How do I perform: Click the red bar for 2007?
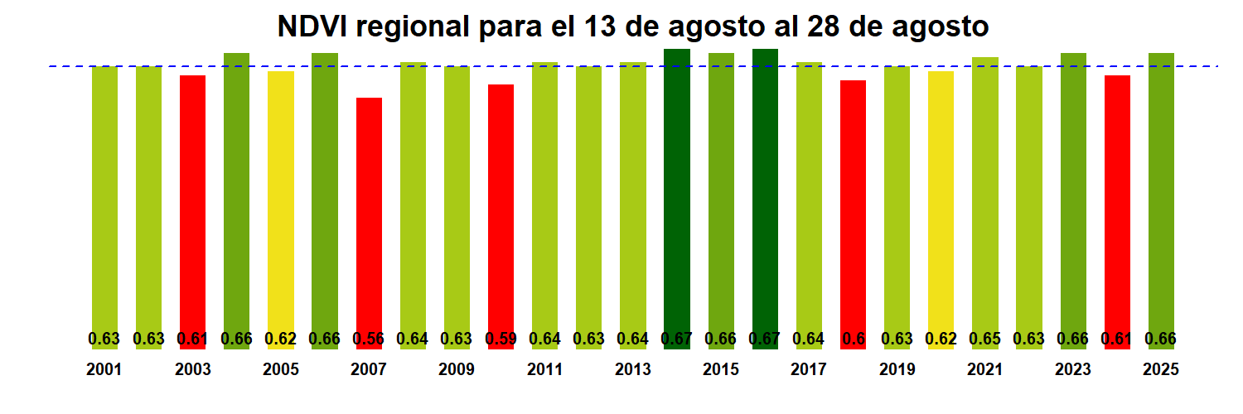369,215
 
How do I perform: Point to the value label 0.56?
369,339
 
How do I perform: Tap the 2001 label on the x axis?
104,370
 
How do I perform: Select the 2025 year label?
1161,370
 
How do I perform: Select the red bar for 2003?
192,207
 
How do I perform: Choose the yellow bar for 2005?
281,207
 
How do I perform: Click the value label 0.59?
501,339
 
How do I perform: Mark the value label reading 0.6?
853,339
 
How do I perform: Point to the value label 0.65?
984,339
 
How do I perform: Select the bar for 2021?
984,199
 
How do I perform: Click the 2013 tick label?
632,370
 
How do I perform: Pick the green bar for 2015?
721,199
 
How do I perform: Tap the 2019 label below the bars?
897,370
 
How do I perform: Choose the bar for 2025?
1161,199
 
